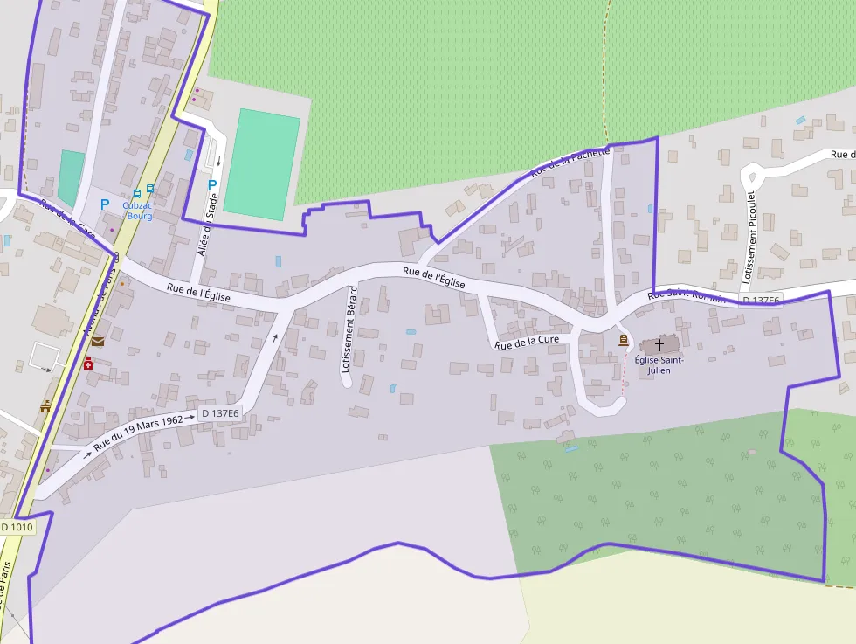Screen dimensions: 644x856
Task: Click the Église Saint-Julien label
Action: pyautogui.click(x=659, y=364)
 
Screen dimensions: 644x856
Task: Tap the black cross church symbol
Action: pyautogui.click(x=659, y=345)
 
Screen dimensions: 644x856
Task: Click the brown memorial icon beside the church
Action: pyautogui.click(x=623, y=339)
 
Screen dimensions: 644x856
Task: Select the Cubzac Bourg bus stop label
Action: pyautogui.click(x=139, y=211)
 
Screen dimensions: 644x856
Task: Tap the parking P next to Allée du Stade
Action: pyautogui.click(x=212, y=184)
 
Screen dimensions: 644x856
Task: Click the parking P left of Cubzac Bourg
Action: pyautogui.click(x=105, y=204)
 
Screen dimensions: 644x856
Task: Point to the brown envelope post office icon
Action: pyautogui.click(x=97, y=341)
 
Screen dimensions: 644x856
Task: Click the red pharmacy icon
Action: pyautogui.click(x=88, y=363)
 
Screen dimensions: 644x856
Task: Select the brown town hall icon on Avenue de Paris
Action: pyautogui.click(x=45, y=405)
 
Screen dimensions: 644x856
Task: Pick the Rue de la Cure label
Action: pyautogui.click(x=526, y=343)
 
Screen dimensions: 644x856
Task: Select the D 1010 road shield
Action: pyautogui.click(x=17, y=527)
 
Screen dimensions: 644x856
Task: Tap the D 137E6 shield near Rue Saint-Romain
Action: pyautogui.click(x=761, y=301)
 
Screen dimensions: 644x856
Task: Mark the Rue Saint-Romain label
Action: pyautogui.click(x=687, y=295)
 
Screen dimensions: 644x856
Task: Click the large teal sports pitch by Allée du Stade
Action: pyautogui.click(x=261, y=164)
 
